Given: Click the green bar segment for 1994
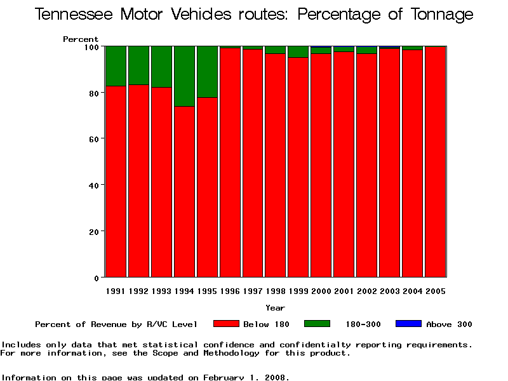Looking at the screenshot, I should click(184, 76).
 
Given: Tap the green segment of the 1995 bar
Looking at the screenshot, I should click(207, 71).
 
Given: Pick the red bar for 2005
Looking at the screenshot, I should click(436, 162).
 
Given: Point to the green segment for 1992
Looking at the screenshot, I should click(138, 65).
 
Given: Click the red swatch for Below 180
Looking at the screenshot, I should click(226, 324).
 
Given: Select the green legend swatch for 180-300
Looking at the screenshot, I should click(317, 324).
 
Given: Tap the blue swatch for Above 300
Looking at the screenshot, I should click(408, 324).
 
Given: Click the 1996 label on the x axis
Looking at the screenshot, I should click(230, 291).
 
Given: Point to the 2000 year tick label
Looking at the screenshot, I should click(321, 291).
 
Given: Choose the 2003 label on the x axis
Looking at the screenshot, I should click(390, 291).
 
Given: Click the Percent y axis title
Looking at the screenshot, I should click(81, 39).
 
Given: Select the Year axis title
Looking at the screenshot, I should click(275, 308).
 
